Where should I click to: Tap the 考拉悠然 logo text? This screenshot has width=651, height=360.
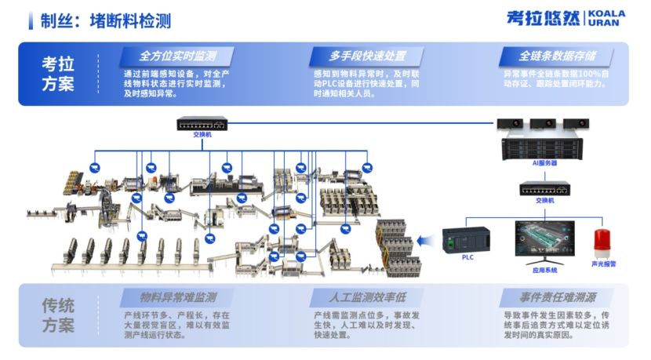pyautogui.click(x=543, y=18)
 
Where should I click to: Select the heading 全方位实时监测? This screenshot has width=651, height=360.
pyautogui.click(x=177, y=56)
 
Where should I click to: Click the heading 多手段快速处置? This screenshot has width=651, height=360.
pyautogui.click(x=366, y=56)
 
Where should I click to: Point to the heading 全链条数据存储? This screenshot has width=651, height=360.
pyautogui.click(x=557, y=56)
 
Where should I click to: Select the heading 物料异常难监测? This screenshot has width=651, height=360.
pyautogui.click(x=177, y=298)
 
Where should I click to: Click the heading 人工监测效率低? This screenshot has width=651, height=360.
pyautogui.click(x=366, y=298)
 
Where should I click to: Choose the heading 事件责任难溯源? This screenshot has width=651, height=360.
pyautogui.click(x=557, y=298)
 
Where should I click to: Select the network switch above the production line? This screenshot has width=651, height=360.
pyautogui.click(x=202, y=124)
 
